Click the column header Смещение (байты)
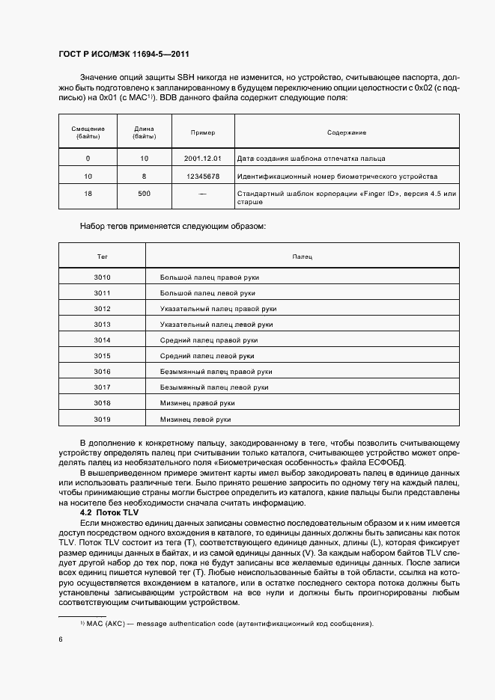88,132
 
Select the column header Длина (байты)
144,132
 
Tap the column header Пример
202,132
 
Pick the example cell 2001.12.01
202,159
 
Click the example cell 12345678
202,176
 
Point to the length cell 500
144,194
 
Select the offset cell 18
88,194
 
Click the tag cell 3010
103,277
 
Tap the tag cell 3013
103,325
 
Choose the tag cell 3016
103,372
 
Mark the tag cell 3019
103,419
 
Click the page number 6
60,639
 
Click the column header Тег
103,257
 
